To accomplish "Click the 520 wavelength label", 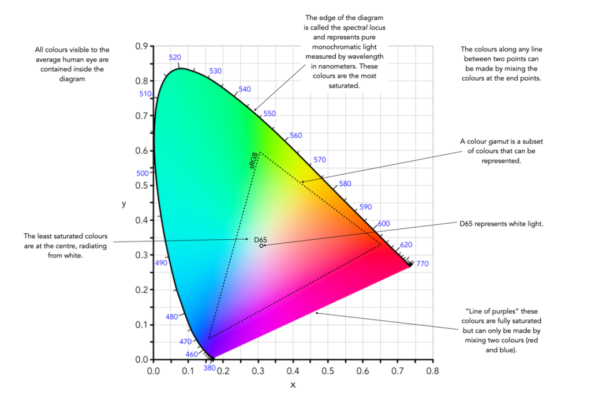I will point(175,57).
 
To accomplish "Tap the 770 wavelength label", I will point(422,264).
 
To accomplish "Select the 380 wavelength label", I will point(210,368).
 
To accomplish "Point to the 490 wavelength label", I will point(161,263).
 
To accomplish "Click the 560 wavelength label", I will point(295,135).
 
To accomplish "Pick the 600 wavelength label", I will point(384,224).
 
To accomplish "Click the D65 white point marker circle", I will point(261,246).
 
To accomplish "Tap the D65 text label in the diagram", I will point(260,239).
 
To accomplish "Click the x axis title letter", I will point(293,385).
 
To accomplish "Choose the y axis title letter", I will point(124,204).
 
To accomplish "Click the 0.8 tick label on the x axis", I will point(432,372).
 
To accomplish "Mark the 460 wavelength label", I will point(192,354).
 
